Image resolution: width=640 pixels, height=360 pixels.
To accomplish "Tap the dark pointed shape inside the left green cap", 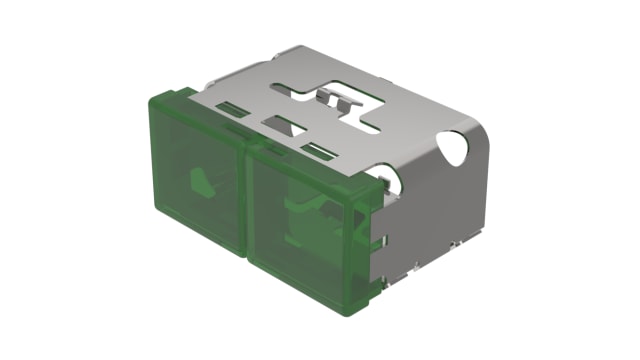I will [x=201, y=181].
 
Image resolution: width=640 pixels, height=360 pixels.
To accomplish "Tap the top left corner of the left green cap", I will [x=154, y=96].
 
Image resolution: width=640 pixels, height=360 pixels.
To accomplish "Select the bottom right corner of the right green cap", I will [x=368, y=300].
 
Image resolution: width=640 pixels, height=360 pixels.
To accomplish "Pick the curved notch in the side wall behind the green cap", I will [x=392, y=180].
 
